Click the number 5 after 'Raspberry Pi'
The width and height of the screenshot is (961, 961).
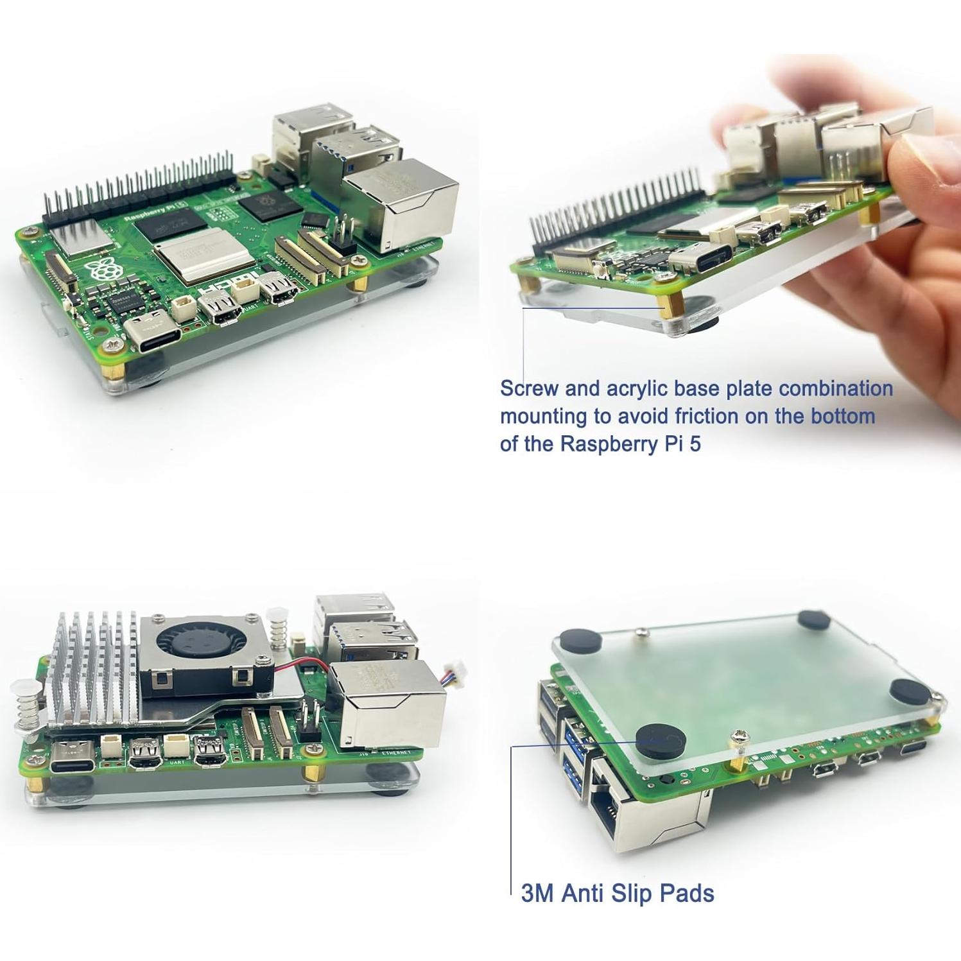tap(695, 444)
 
